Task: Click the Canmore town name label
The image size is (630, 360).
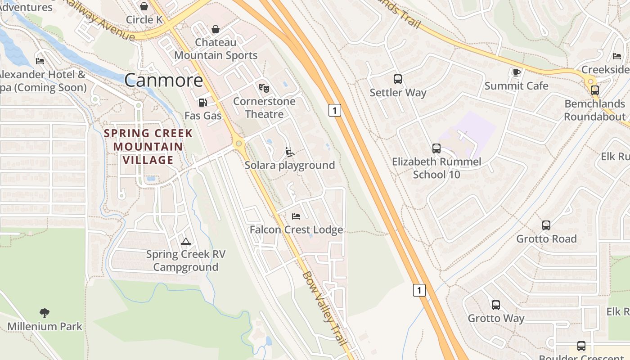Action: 163,81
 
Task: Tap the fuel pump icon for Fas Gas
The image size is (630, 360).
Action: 203,103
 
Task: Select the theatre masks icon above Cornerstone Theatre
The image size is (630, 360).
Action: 264,88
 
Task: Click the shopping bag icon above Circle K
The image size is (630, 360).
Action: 144,6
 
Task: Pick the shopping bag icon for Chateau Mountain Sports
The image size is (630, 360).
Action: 216,29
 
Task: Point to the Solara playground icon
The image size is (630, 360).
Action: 290,152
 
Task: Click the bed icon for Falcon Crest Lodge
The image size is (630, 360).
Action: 296,216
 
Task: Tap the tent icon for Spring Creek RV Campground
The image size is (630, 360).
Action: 186,241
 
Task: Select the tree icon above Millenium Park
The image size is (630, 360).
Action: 45,313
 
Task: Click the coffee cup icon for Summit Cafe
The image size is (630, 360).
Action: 516,72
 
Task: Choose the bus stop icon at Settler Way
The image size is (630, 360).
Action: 398,79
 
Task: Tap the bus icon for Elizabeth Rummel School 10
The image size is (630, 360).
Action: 436,148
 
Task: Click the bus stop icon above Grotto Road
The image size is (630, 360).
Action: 546,225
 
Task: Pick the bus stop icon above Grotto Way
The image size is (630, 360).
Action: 496,305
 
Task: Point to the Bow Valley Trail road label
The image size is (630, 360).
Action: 324,309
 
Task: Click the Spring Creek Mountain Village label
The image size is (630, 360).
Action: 148,147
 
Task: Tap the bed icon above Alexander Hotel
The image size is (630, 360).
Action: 40,61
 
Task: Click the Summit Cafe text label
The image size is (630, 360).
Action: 516,86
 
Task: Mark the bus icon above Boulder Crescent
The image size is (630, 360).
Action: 581,346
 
